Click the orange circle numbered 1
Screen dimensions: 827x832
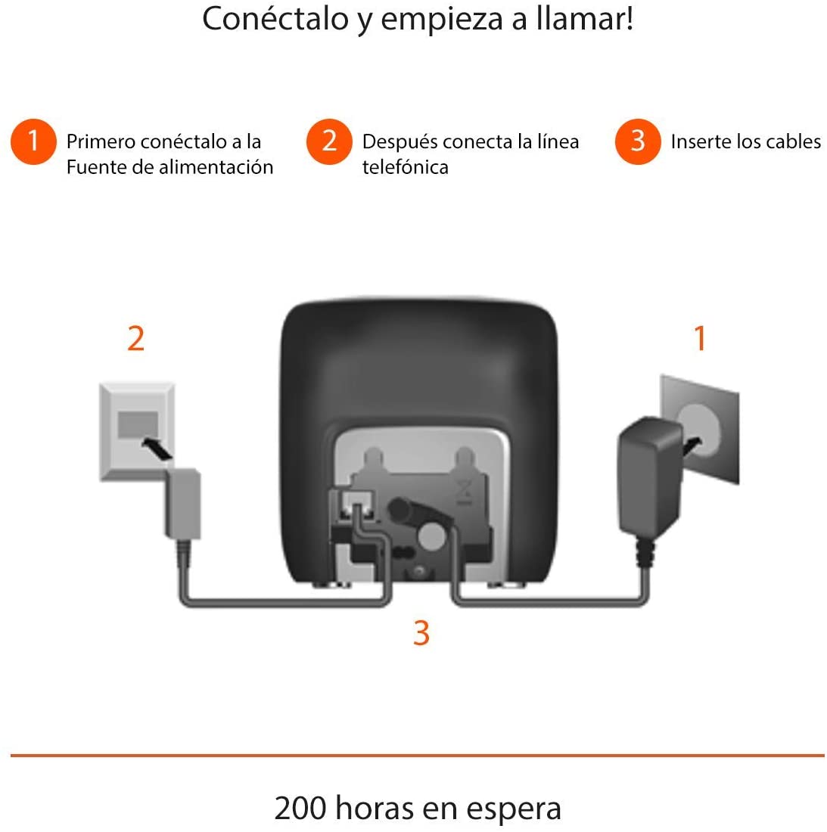pos(33,141)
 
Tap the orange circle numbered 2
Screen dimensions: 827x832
pos(329,141)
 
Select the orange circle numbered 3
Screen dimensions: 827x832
pos(638,141)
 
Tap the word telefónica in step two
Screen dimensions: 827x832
pos(405,167)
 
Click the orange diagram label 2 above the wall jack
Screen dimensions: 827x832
pos(136,339)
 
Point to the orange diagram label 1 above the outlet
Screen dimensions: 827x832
pos(700,338)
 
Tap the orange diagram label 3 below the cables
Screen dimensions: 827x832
pos(421,632)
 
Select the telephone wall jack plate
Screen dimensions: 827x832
pos(137,430)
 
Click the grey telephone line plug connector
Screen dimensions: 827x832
pos(183,504)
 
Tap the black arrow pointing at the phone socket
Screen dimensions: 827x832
pos(157,449)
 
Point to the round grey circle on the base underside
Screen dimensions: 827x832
pos(431,536)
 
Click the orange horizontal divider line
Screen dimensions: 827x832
pos(417,755)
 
